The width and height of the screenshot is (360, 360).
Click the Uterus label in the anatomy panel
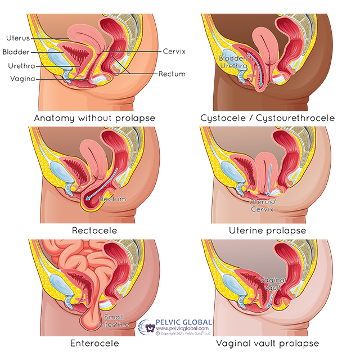(19, 38)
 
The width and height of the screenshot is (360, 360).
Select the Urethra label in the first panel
(19, 65)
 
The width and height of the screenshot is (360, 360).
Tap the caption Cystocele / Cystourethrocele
(267, 118)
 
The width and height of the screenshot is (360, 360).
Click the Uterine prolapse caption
(267, 231)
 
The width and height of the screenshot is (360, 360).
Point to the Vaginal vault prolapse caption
(267, 343)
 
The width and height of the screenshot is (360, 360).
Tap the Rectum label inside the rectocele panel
(112, 199)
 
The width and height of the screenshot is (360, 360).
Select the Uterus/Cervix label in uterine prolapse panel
(262, 205)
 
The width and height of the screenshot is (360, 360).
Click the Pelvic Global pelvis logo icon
(147, 327)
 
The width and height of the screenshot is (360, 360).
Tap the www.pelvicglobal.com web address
(182, 328)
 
